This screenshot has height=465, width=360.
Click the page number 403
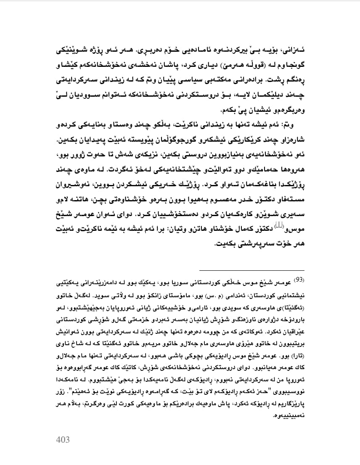click(x=63, y=440)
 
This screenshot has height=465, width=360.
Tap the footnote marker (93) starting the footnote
click(x=298, y=280)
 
